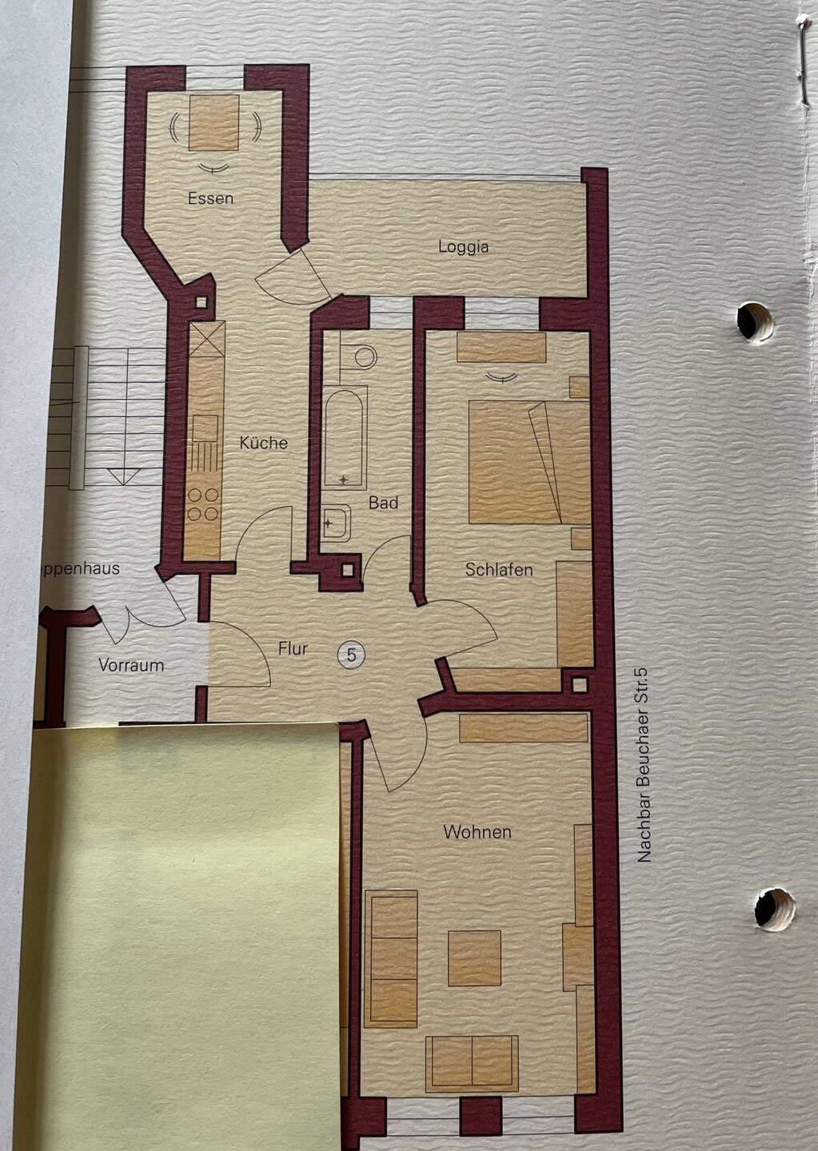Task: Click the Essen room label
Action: [210, 198]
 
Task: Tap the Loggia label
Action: [463, 247]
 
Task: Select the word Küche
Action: [263, 443]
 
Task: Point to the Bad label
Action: [383, 504]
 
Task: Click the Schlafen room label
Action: [499, 570]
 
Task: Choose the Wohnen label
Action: [477, 832]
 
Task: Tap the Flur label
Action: [293, 649]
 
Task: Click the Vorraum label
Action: [131, 665]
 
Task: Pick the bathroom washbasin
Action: [336, 523]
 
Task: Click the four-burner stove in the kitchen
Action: [203, 504]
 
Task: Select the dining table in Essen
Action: [214, 122]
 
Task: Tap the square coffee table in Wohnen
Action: [474, 958]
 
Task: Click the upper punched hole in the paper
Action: [755, 321]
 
